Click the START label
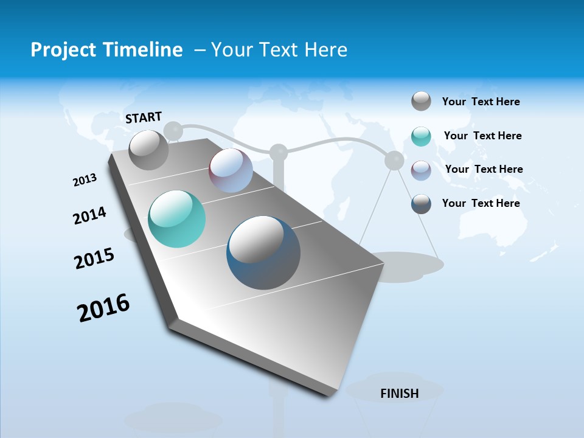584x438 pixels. (144, 117)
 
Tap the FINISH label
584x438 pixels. (400, 394)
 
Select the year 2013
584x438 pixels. (85, 180)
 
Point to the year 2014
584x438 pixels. (89, 215)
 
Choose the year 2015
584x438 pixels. (94, 259)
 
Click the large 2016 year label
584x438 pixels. (103, 308)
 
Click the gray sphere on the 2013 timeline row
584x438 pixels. (148, 150)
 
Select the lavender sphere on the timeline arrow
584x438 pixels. (231, 170)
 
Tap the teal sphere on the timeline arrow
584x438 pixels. (177, 219)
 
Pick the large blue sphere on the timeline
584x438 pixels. (263, 252)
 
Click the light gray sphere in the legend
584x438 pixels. (421, 101)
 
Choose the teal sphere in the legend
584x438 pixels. (421, 136)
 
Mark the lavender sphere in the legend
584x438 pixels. (421, 170)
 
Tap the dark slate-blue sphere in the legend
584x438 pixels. (421, 204)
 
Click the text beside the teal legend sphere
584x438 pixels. (482, 136)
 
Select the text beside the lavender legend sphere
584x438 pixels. (484, 169)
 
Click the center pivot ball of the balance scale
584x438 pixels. (279, 152)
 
